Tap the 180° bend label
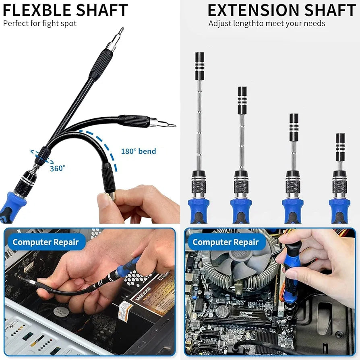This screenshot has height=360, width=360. pos(138,151)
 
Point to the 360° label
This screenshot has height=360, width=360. pos(57,168)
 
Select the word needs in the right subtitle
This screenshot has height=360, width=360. pos(314,23)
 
